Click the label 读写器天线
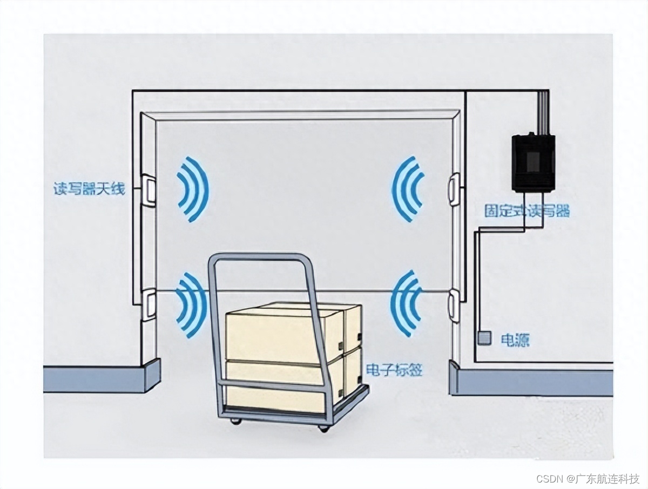89,189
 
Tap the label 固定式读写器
526,210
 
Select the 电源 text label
515,340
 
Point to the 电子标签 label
394,370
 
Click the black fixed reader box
533,162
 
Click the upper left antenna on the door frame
148,190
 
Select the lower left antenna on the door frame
148,305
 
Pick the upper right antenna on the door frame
454,189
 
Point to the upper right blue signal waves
407,189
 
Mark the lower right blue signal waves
406,304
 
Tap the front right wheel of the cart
324,428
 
